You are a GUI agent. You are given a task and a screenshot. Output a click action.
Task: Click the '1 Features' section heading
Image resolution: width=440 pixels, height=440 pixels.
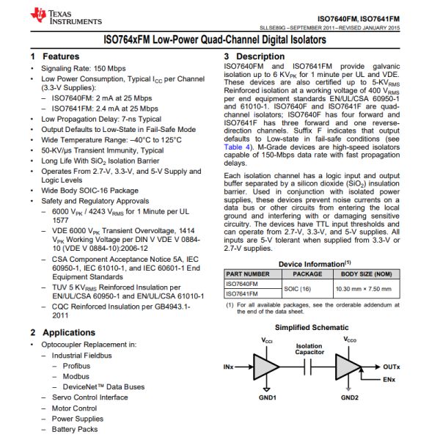pos(55,56)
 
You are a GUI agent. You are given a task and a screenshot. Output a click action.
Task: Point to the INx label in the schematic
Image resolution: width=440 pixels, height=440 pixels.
pos(230,365)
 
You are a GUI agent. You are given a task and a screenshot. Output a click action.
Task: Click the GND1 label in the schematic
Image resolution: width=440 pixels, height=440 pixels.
pos(268,397)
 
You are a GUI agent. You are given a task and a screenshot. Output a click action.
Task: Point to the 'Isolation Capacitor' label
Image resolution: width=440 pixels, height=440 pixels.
pos(309,350)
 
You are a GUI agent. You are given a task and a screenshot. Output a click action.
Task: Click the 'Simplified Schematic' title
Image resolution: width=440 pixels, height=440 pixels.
pos(309,328)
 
